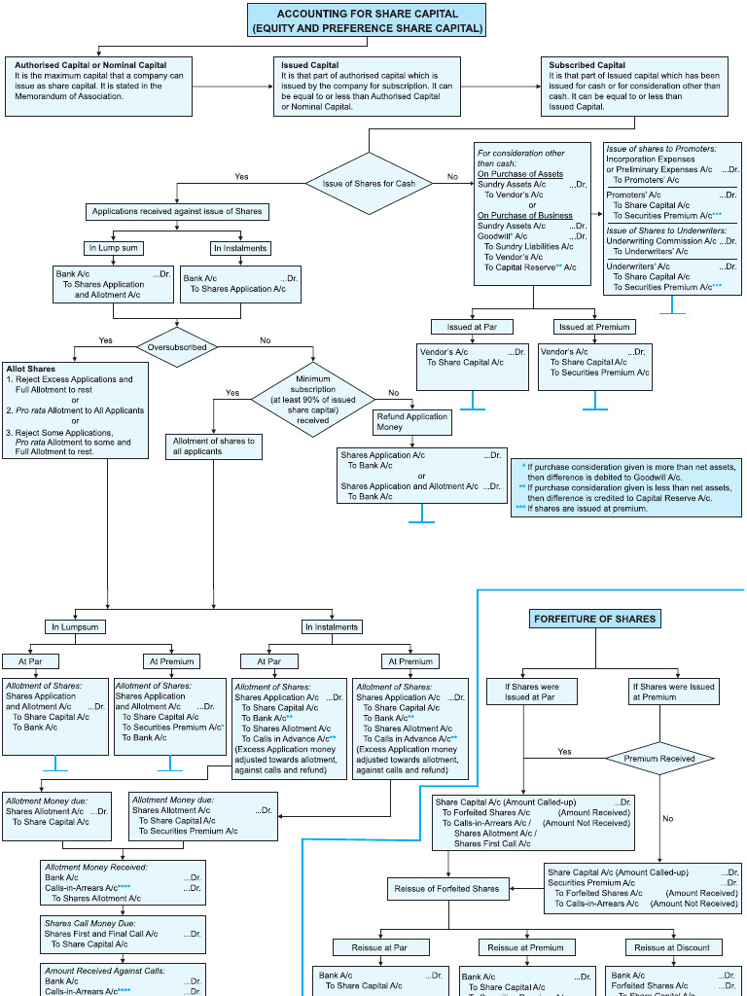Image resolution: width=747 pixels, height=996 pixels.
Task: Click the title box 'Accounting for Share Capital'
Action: click(368, 20)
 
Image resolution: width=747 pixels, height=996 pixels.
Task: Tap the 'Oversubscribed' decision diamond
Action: click(177, 346)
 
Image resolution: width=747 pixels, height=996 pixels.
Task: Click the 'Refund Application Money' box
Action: click(412, 422)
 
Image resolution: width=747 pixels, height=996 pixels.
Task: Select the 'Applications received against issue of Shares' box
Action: click(177, 211)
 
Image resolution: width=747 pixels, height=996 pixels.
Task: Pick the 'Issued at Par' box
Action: click(472, 327)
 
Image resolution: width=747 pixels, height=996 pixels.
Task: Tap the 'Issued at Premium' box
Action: click(594, 327)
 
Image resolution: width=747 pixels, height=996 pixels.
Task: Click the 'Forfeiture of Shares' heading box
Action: click(595, 619)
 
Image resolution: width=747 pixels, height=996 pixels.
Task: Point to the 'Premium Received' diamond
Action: click(659, 759)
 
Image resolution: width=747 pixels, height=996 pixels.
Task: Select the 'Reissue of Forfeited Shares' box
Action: click(447, 888)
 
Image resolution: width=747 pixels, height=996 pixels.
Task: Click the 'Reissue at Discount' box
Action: click(672, 946)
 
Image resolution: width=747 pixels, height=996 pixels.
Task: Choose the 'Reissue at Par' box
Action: click(371, 946)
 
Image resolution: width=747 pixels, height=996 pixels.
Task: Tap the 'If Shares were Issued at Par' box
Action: click(532, 692)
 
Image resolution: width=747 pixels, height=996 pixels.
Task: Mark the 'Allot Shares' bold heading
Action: click(30, 370)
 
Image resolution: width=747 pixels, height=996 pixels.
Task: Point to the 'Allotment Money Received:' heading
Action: click(95, 866)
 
